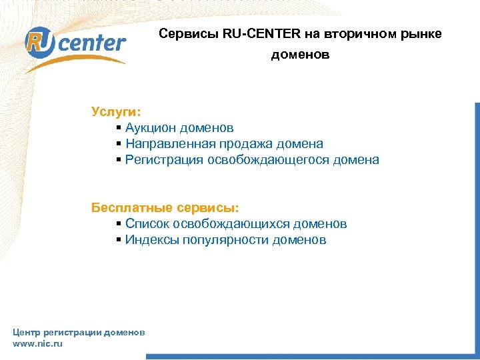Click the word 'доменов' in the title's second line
[300, 55]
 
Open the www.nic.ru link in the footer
[37, 343]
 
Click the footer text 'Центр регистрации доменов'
[79, 332]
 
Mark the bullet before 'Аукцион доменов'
[118, 127]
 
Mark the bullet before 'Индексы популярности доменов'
[118, 240]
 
